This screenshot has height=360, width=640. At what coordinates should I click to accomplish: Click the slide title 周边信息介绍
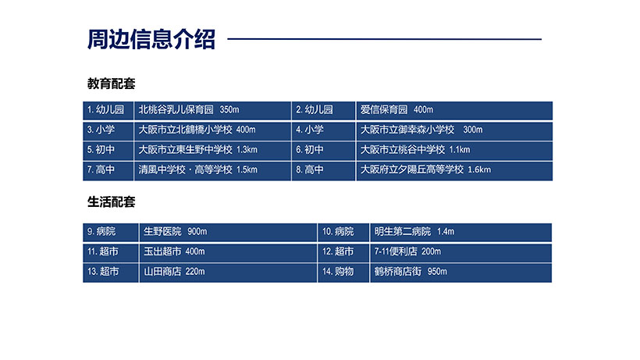pyautogui.click(x=151, y=39)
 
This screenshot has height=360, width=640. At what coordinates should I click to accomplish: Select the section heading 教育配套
pyautogui.click(x=111, y=84)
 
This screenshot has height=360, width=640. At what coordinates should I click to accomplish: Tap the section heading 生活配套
pyautogui.click(x=111, y=201)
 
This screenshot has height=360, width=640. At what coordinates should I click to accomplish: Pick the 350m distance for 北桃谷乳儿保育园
pyautogui.click(x=229, y=110)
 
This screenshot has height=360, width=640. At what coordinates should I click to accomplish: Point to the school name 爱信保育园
pyautogui.click(x=384, y=110)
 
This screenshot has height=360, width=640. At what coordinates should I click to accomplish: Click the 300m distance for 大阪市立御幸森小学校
pyautogui.click(x=473, y=130)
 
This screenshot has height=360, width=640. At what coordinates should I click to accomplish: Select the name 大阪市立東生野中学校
pyautogui.click(x=185, y=150)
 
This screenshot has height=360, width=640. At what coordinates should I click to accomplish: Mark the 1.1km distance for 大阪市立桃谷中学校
pyautogui.click(x=460, y=150)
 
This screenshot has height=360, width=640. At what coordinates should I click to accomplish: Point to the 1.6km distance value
pyautogui.click(x=479, y=169)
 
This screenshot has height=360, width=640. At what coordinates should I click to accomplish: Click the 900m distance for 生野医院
pyautogui.click(x=197, y=231)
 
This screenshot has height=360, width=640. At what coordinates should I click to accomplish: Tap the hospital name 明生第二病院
pyautogui.click(x=403, y=231)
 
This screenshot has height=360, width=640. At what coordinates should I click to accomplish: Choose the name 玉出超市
pyautogui.click(x=162, y=251)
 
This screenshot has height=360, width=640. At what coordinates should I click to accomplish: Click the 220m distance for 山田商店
pyautogui.click(x=195, y=272)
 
